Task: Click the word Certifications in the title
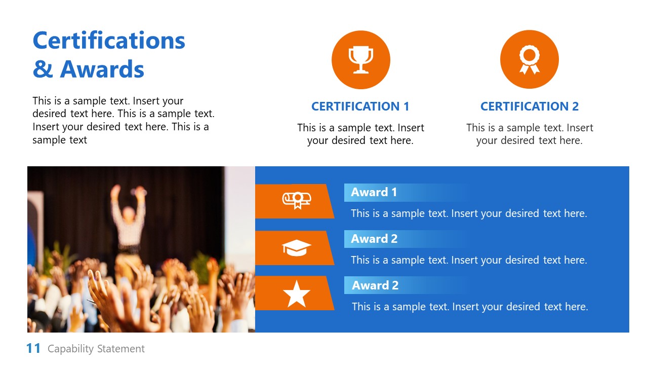click(109, 40)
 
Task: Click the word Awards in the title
click(102, 69)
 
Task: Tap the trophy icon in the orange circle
click(360, 59)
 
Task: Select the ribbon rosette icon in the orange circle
click(529, 59)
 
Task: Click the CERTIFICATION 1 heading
click(360, 106)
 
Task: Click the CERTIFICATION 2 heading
click(529, 106)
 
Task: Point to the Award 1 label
click(374, 192)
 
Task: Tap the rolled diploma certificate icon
click(296, 200)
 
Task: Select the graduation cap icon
click(296, 248)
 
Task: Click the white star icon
click(296, 295)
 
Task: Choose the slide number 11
click(33, 348)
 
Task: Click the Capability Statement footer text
click(96, 349)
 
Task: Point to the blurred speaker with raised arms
click(128, 218)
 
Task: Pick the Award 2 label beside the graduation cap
click(374, 239)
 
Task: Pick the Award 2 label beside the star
click(375, 285)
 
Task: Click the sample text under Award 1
click(469, 213)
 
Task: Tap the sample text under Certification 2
click(529, 134)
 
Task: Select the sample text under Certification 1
click(360, 134)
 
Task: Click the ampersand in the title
click(43, 69)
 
